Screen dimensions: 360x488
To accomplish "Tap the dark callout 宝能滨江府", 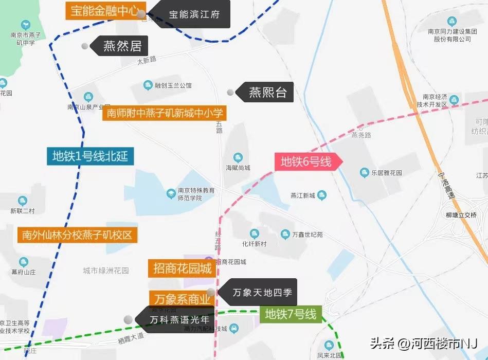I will point(193,14).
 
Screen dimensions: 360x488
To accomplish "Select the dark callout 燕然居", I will point(122,46).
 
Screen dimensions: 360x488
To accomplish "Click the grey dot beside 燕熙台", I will point(230,93).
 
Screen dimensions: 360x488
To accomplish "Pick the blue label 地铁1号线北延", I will point(90,156).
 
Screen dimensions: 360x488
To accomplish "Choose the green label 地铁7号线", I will point(291,314).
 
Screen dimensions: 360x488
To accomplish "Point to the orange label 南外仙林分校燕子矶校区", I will point(77,235).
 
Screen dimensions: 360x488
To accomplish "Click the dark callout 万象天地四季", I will point(262,293).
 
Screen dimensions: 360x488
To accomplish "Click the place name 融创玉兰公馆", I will point(173,85).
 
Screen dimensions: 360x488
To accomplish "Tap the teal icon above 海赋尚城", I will point(238,157).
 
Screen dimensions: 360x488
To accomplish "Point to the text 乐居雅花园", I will point(387,173).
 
